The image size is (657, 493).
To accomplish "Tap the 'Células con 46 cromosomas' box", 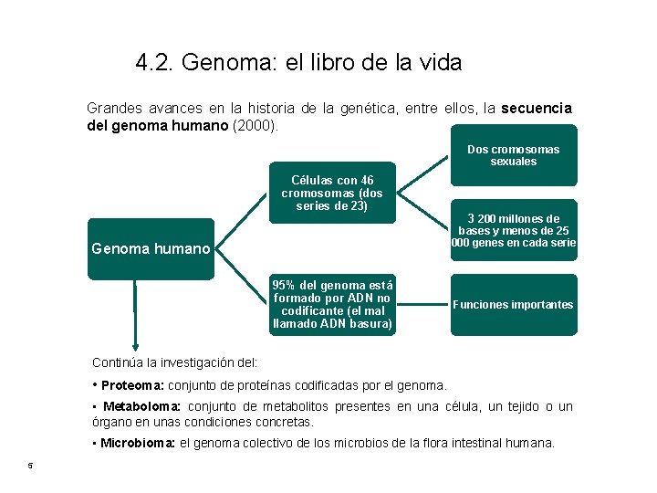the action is (332, 193).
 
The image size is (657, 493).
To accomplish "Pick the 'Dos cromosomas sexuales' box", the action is (513, 155).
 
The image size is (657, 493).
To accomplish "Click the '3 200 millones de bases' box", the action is (513, 230).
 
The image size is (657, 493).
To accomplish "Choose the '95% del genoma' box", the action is (332, 304).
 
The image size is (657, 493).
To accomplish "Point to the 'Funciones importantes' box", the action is (513, 304).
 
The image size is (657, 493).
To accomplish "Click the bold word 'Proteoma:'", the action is (132, 385).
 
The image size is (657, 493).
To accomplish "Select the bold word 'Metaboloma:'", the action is (142, 406).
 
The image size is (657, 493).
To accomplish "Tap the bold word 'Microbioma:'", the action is (139, 443).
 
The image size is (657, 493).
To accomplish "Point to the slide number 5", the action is (30, 467).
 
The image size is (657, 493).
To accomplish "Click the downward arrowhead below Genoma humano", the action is (135, 345).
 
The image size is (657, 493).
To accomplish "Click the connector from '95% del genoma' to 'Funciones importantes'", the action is (423, 304).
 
